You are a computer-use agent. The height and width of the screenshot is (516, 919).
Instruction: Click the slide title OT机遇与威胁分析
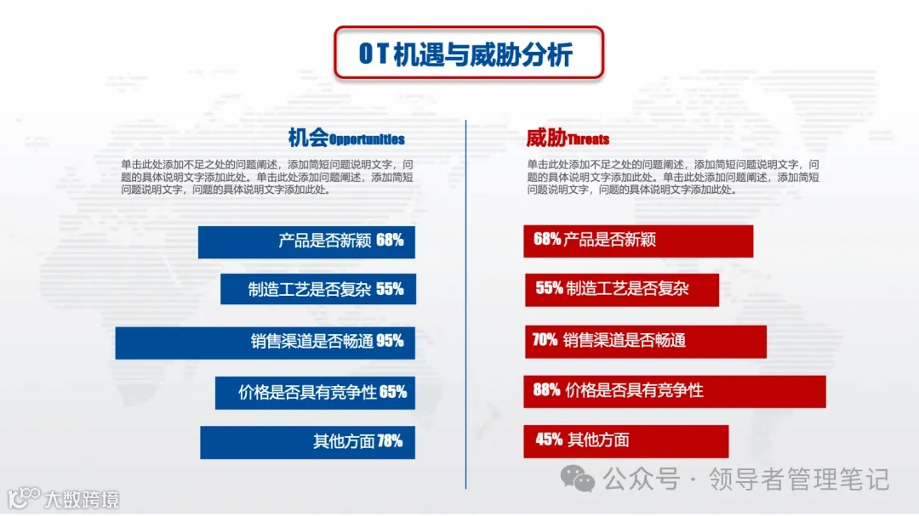(467, 53)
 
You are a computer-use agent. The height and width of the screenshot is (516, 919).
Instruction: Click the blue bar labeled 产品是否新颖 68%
(306, 241)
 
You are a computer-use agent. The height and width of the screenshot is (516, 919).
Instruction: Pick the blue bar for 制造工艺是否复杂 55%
(317, 289)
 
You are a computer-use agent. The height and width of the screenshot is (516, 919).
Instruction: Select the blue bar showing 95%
(265, 342)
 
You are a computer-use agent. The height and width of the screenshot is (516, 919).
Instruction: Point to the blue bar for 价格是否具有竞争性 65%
(315, 393)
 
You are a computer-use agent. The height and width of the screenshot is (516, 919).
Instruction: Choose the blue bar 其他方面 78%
(307, 442)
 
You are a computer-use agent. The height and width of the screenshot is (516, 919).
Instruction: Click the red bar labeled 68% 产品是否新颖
(638, 241)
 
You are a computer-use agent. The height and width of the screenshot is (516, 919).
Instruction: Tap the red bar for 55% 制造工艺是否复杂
(621, 289)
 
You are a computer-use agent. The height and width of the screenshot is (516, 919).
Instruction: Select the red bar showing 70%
(645, 341)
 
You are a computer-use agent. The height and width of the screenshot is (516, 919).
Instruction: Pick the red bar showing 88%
(675, 391)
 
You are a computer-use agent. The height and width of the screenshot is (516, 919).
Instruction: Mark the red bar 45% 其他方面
(626, 440)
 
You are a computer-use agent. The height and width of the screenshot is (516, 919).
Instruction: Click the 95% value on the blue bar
(390, 342)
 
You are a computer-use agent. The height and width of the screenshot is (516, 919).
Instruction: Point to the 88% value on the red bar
(547, 391)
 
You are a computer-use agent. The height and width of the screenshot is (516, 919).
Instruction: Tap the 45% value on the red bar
(550, 440)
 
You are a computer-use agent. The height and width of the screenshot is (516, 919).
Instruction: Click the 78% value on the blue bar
(390, 442)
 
